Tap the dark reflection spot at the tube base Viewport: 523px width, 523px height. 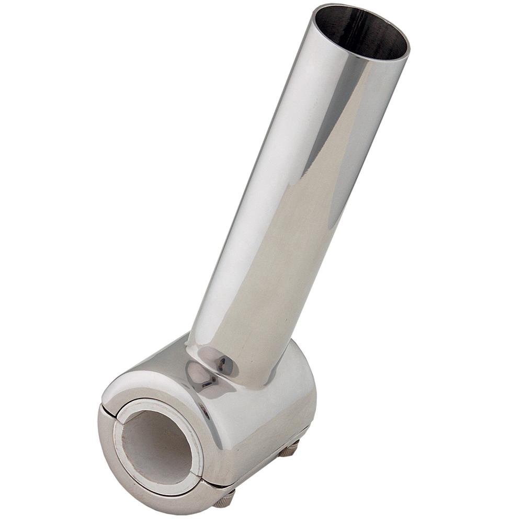click(222, 361)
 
